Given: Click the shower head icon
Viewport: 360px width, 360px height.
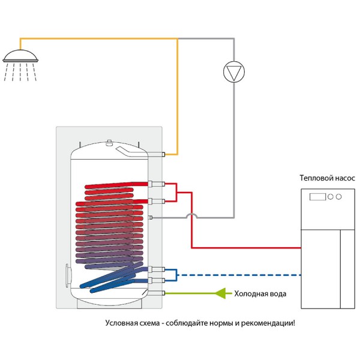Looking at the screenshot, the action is point(20,65).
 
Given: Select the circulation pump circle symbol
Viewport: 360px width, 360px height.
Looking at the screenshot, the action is point(234,71).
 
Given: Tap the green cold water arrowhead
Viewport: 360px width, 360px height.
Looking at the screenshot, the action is point(220,293).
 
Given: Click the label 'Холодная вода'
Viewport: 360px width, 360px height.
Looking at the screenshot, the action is point(260,294).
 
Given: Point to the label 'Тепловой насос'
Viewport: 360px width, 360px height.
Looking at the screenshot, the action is point(327,178).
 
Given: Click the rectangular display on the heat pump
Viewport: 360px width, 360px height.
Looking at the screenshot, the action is point(317,197).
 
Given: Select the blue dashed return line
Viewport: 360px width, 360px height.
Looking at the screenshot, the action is point(239,275).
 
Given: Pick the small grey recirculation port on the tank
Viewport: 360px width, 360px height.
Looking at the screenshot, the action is point(151,217).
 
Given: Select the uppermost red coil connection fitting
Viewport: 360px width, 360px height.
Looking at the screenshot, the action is point(157,184).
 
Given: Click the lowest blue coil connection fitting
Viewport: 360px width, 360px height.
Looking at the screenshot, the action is point(157,280).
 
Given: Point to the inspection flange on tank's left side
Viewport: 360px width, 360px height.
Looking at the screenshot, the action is point(68,275).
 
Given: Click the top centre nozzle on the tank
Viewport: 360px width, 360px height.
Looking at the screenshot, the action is point(109,143).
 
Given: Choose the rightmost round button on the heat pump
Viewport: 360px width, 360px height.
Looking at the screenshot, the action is point(338,197).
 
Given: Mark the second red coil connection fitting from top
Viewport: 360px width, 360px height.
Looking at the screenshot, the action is point(157,202).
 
